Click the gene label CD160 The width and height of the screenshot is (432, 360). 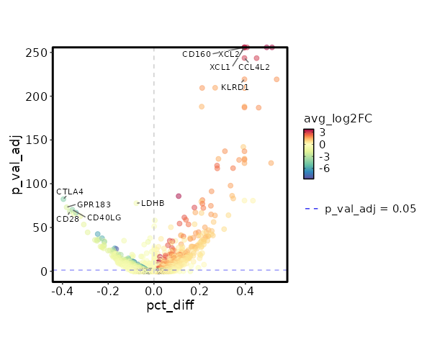pos(197,54)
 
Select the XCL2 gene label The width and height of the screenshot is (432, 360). pos(228,54)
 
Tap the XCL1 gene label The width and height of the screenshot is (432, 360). pos(220,68)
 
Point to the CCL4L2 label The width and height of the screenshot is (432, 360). pos(254,68)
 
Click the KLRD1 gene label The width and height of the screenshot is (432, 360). pos(235,88)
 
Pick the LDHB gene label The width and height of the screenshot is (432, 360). pos(153,203)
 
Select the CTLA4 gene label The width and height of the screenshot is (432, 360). pos(70,192)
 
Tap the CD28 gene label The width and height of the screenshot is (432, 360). pos(68,219)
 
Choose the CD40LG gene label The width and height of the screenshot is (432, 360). pos(104,217)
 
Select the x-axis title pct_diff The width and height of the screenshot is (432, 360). pos(170,305)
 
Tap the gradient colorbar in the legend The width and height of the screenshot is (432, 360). pos(309,153)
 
